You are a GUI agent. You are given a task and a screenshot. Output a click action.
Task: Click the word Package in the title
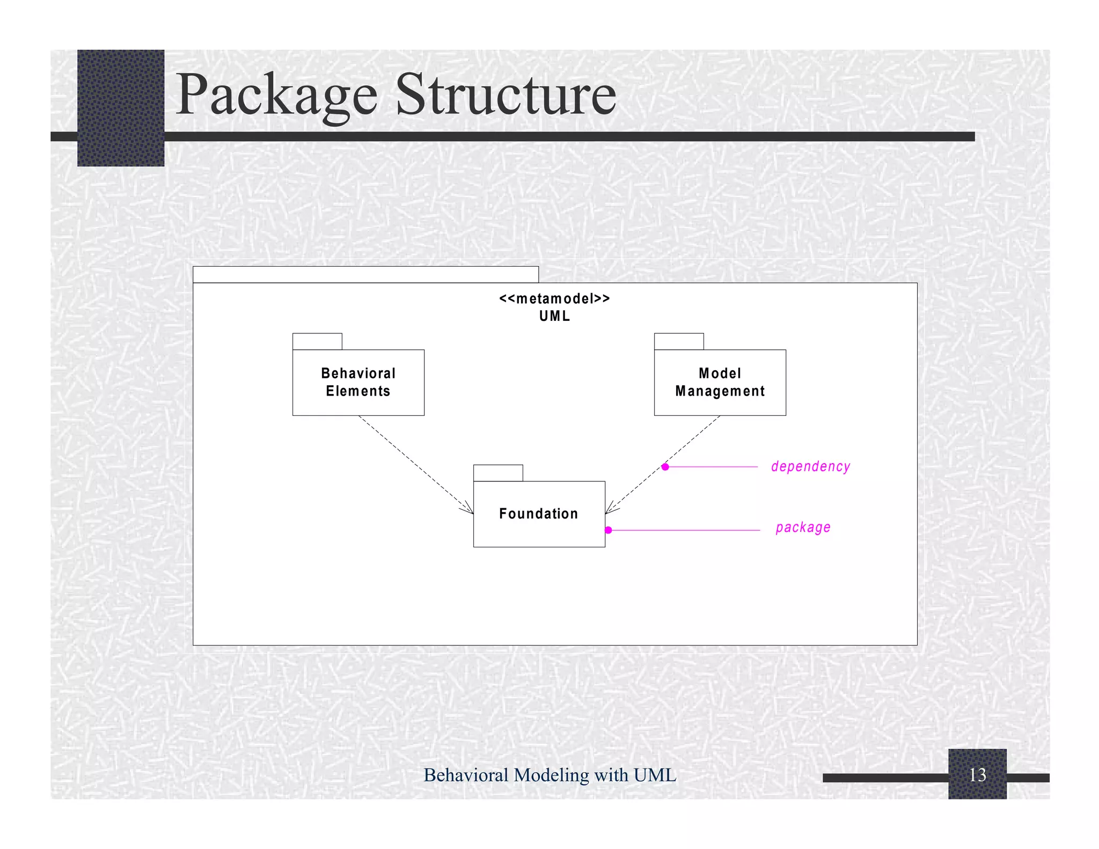[x=276, y=94]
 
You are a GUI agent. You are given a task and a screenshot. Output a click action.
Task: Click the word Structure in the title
[x=505, y=94]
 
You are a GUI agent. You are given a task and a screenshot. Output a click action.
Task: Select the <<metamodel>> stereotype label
[x=554, y=298]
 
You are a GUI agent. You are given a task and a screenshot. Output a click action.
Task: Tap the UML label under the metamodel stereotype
[x=554, y=316]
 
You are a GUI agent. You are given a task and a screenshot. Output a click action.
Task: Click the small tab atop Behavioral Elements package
[x=317, y=341]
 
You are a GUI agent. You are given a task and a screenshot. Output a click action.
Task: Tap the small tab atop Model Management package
[x=679, y=341]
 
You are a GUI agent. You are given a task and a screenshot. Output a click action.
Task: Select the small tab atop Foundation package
[x=498, y=473]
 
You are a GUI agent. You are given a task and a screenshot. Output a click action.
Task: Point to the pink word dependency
[x=810, y=466]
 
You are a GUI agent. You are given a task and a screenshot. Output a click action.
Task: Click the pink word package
[x=803, y=528]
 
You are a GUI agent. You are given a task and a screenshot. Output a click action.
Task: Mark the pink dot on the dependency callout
[x=665, y=467]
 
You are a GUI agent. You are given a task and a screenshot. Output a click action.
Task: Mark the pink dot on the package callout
[x=608, y=530]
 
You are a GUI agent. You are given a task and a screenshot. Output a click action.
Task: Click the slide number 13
[x=977, y=775]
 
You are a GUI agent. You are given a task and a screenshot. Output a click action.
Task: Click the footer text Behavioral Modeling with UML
[x=549, y=775]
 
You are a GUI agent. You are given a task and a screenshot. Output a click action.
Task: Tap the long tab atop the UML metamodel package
[x=365, y=274]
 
